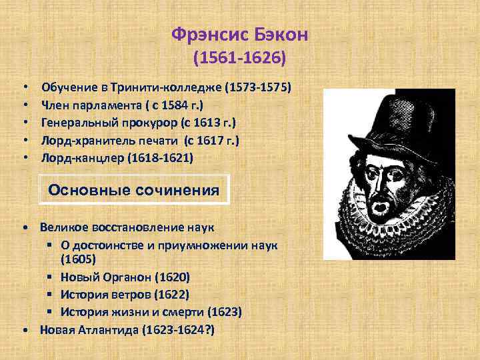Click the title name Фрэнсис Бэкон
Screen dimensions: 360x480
click(x=240, y=34)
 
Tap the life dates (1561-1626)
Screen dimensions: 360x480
click(x=240, y=59)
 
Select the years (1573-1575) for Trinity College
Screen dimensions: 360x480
click(x=259, y=87)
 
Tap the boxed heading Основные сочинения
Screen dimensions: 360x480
click(x=134, y=190)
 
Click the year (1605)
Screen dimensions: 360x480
click(x=77, y=258)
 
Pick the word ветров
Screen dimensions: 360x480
click(x=130, y=295)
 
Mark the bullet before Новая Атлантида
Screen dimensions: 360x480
click(x=25, y=330)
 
